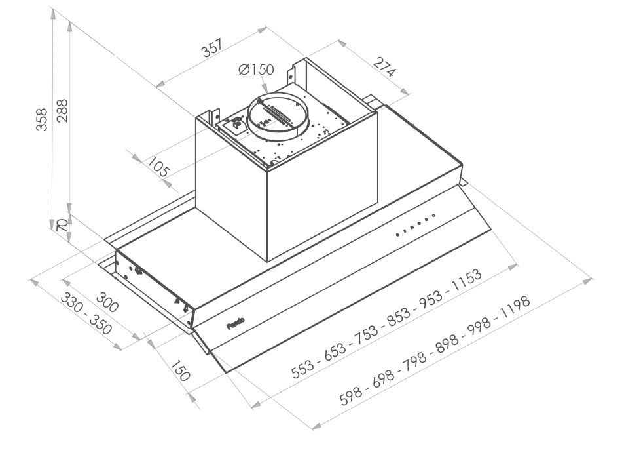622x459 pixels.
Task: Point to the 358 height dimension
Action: coord(42,119)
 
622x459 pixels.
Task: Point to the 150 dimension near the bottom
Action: coord(178,370)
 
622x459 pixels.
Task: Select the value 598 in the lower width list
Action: coord(352,395)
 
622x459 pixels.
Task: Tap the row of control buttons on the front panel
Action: coord(416,224)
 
